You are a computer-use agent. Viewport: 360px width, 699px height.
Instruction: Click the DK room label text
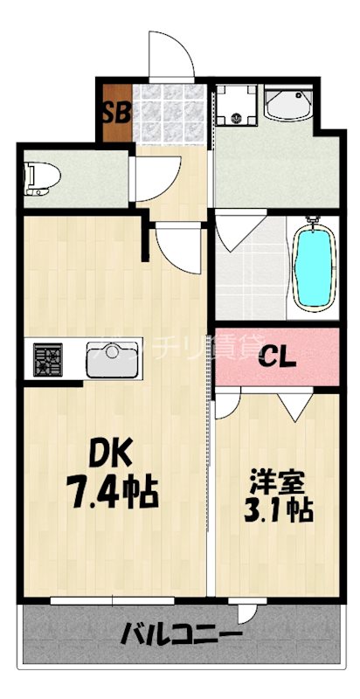point(112,454)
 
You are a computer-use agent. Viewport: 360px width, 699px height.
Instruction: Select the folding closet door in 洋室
point(295,404)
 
